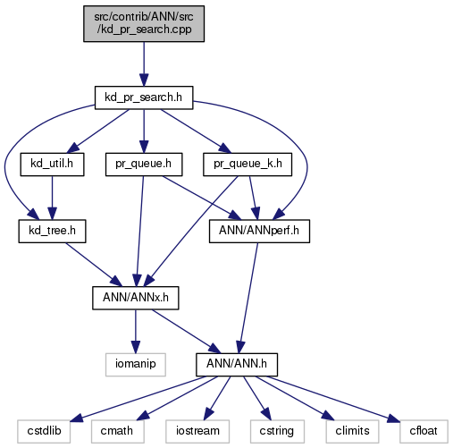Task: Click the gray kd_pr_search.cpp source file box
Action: pyautogui.click(x=144, y=23)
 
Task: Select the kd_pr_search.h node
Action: pyautogui.click(x=144, y=97)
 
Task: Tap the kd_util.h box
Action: pyautogui.click(x=52, y=165)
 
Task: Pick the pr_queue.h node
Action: pyautogui.click(x=144, y=165)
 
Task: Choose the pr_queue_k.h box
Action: pyautogui.click(x=247, y=165)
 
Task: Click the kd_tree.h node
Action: pyautogui.click(x=52, y=232)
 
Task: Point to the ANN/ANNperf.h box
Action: pyautogui.click(x=259, y=232)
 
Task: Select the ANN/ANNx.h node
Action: pyautogui.click(x=136, y=298)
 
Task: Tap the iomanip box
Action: pyautogui.click(x=136, y=365)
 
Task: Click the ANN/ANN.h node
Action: pyautogui.click(x=237, y=365)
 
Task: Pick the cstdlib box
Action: pyautogui.click(x=44, y=432)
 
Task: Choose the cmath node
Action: pyautogui.click(x=118, y=432)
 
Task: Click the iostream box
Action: pyautogui.click(x=197, y=432)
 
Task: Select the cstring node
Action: pyautogui.click(x=277, y=432)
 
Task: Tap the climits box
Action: pyautogui.click(x=352, y=432)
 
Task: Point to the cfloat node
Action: pyautogui.click(x=424, y=432)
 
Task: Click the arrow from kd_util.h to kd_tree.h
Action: pyautogui.click(x=52, y=198)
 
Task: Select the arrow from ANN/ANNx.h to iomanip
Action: pyautogui.click(x=136, y=332)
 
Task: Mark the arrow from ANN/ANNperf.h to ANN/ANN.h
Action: pyautogui.click(x=248, y=298)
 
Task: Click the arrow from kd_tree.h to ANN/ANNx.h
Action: pyautogui.click(x=94, y=265)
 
